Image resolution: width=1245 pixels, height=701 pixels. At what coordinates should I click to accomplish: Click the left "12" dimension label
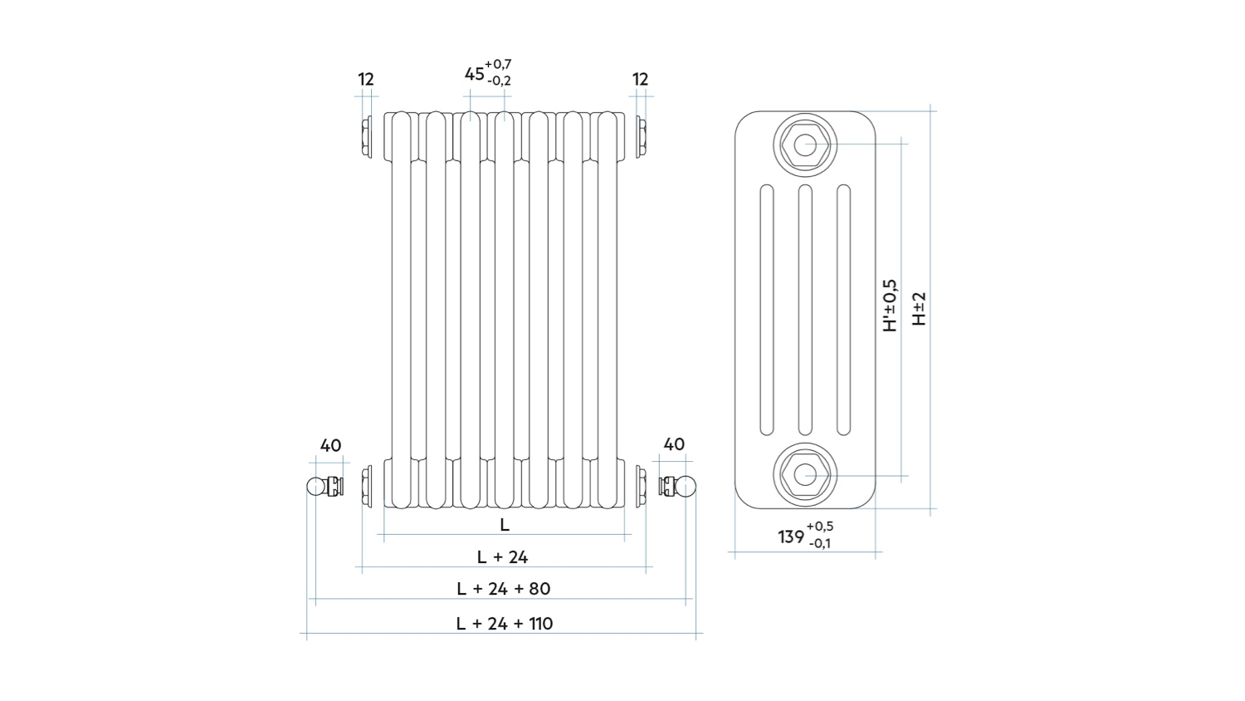366,80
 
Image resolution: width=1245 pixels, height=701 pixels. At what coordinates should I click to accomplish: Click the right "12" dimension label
640,80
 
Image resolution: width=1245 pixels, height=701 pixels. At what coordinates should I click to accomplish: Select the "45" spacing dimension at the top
474,74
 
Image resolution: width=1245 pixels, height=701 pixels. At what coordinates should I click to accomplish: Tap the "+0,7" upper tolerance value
498,64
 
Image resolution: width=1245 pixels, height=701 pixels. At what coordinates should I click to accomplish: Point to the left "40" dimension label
330,446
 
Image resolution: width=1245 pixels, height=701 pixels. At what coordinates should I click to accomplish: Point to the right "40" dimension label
674,445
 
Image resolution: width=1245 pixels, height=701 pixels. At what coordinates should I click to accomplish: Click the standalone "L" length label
505,525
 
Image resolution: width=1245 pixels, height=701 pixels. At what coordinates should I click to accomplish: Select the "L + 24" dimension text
502,557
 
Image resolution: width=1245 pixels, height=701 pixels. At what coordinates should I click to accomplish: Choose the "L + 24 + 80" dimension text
503,589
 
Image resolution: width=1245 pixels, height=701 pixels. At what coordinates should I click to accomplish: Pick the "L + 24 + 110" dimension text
504,624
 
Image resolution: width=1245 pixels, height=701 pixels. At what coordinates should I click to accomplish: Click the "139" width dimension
791,537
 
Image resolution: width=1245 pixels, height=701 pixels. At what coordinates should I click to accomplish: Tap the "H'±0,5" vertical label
890,306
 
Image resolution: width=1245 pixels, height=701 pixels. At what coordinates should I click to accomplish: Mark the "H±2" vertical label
919,308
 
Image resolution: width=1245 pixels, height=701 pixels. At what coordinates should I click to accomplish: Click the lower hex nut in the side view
805,475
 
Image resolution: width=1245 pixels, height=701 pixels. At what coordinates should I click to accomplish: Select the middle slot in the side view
805,310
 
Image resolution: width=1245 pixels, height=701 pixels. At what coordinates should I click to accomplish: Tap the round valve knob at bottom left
316,486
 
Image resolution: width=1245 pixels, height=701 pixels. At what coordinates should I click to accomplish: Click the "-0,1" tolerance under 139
820,544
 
